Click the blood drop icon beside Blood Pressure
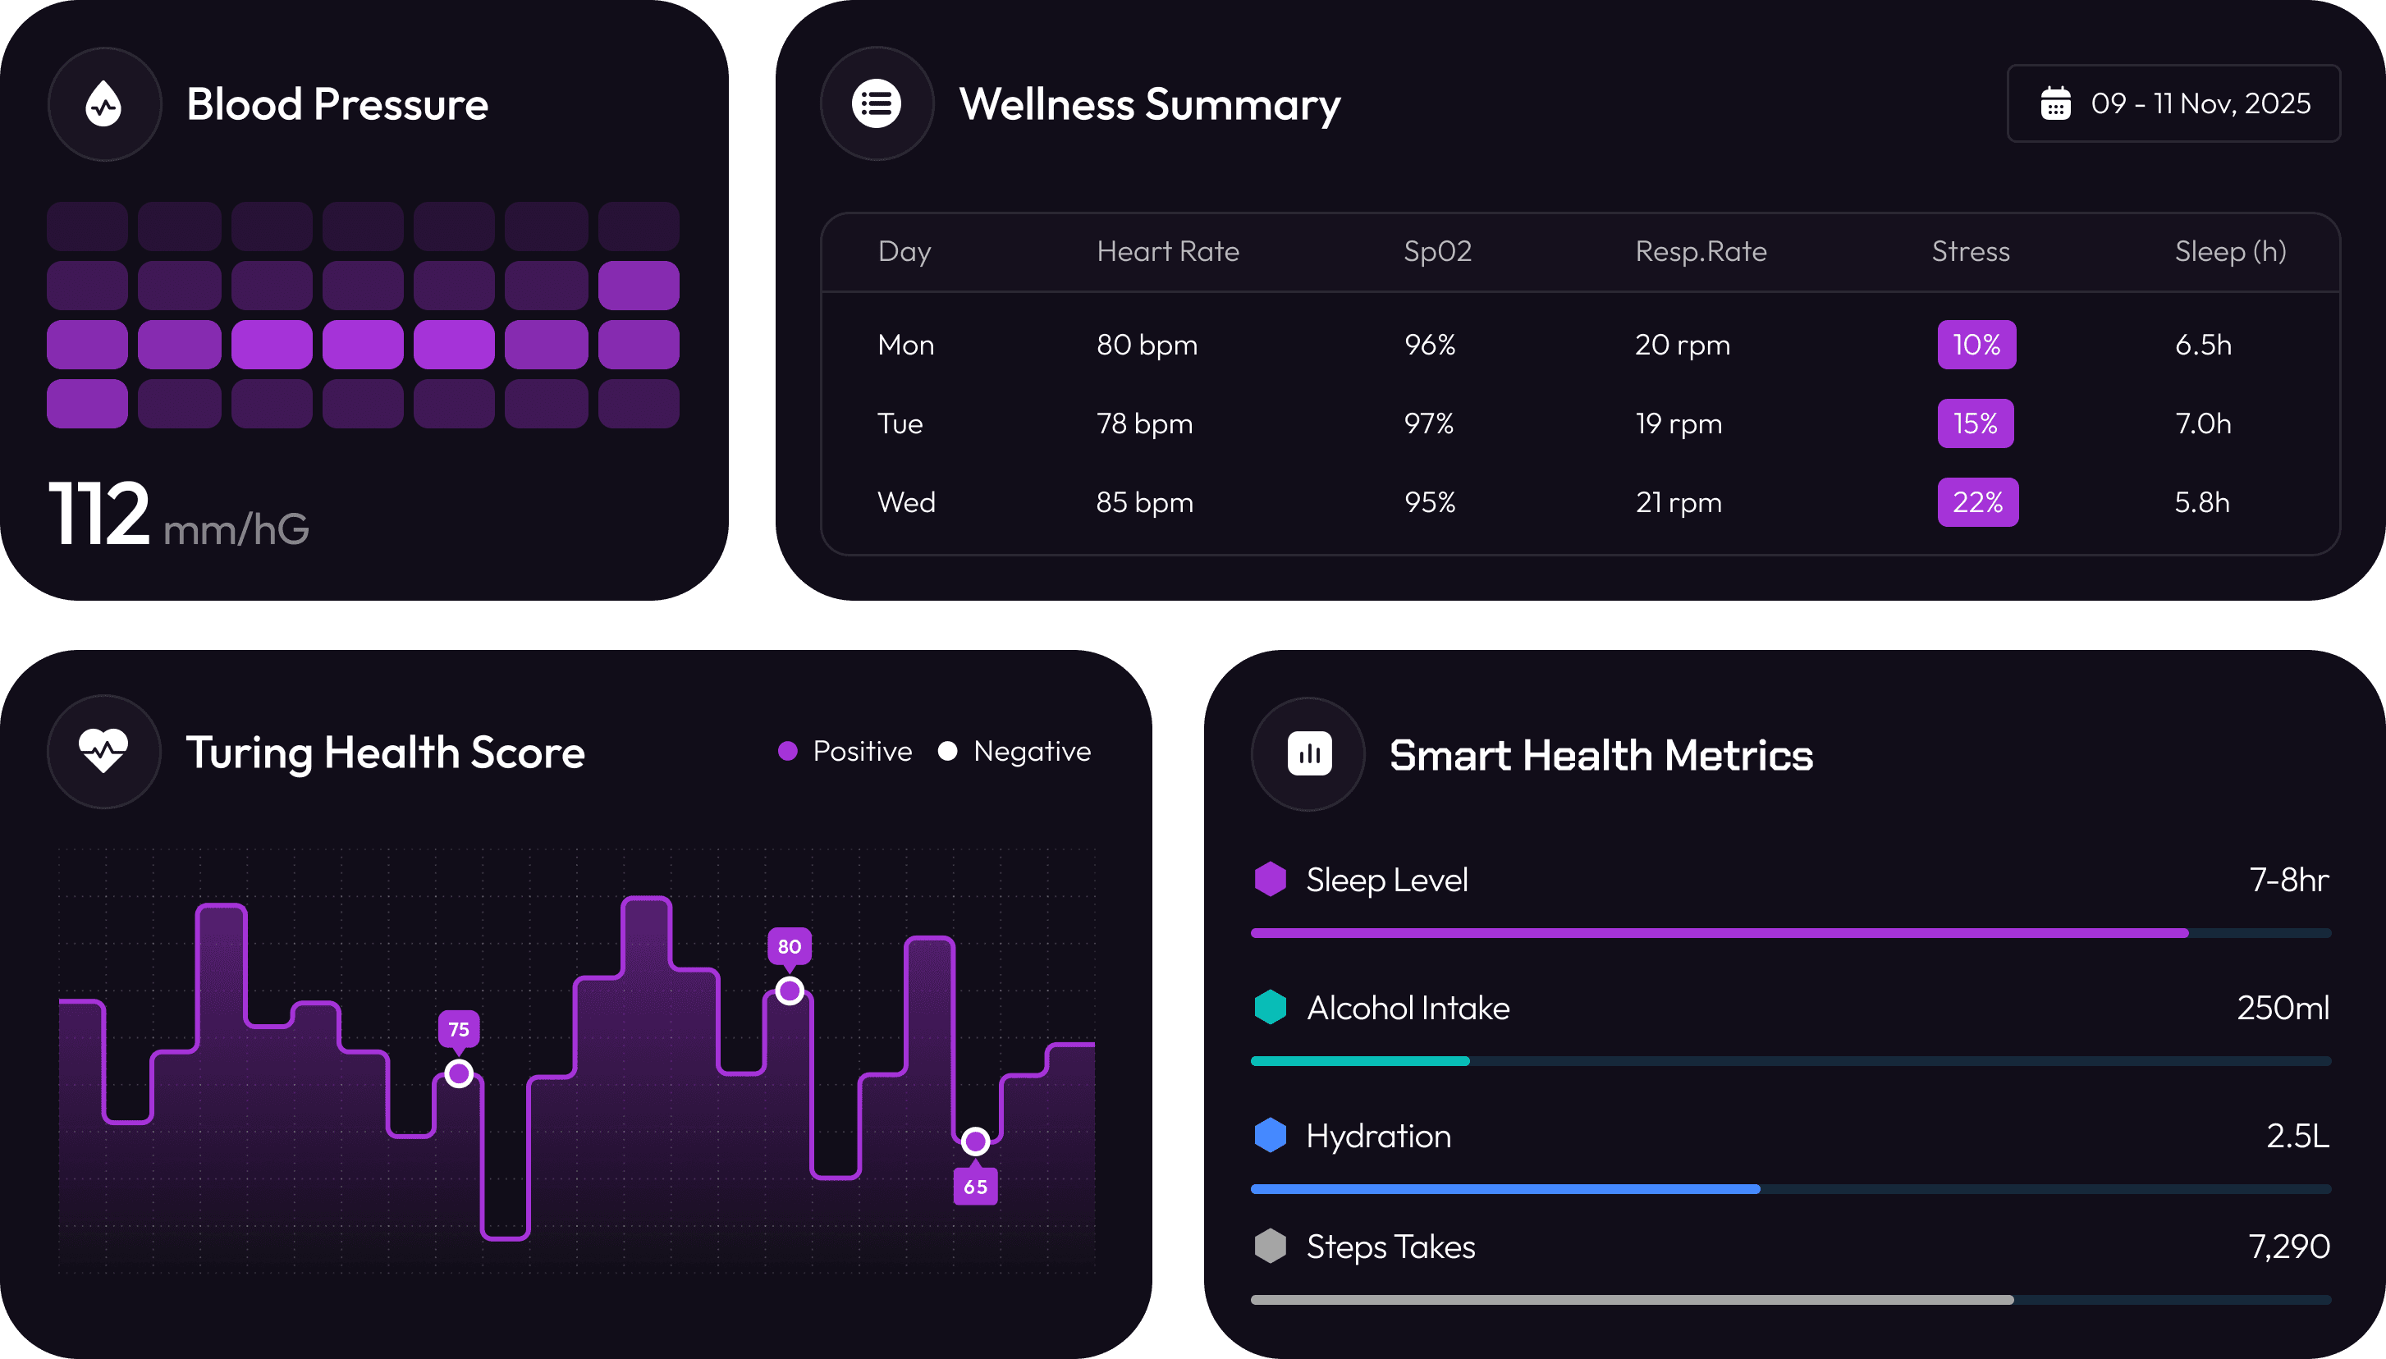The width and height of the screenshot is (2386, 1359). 103,103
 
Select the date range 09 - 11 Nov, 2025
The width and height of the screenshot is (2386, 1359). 2173,103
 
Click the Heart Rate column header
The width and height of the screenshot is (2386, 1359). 1167,251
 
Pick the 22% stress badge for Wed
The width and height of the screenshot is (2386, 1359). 1977,502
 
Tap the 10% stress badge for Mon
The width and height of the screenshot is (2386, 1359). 1976,345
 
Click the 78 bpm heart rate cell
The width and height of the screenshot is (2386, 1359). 1144,423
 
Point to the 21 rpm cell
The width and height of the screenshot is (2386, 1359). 1678,502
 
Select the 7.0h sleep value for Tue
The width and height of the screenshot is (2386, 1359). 2202,423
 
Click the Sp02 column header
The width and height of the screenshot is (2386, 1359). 1436,251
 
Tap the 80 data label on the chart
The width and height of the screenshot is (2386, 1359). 789,946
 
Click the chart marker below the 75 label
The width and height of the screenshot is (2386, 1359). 458,1073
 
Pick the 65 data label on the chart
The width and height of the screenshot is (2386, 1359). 976,1187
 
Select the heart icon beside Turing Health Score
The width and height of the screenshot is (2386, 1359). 103,752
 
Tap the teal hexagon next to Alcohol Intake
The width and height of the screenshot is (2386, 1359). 1270,1007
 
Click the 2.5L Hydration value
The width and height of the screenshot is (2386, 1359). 2297,1136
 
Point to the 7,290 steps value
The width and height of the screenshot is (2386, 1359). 2288,1247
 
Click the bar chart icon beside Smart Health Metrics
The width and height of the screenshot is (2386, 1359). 1309,754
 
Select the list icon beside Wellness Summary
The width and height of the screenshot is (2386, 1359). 876,103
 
